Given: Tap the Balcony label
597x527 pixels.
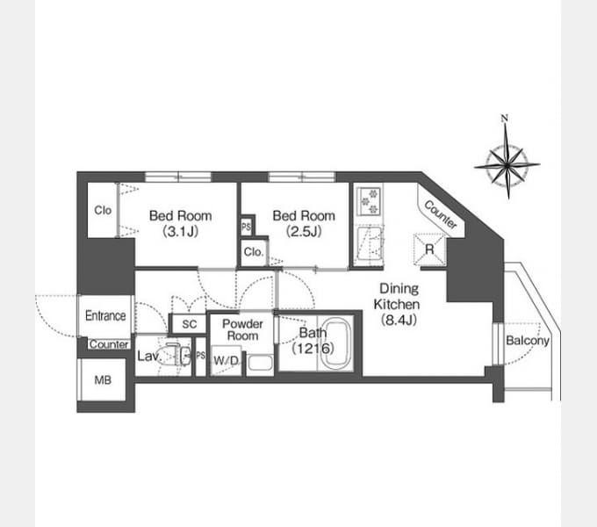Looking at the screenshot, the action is (528, 341).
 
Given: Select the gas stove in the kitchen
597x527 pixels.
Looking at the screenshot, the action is (370, 200).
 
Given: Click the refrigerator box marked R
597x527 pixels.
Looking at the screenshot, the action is (429, 249).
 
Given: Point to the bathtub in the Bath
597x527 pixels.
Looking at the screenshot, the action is (336, 343).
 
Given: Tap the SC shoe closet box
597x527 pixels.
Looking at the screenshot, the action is (190, 324).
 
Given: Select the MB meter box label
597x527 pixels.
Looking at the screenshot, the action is (103, 380).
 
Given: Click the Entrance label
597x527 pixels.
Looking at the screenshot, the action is (105, 315).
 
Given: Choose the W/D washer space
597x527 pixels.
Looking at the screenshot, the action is (227, 360).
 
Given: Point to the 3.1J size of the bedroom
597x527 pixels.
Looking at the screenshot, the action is (181, 232).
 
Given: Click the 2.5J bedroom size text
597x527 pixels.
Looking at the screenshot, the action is (304, 232).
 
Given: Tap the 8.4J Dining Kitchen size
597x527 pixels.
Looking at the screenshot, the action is (399, 320).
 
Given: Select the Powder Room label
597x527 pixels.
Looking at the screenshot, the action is (242, 329).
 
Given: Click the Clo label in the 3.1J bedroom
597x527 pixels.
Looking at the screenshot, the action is (103, 210).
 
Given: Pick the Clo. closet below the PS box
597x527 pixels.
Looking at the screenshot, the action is (254, 252).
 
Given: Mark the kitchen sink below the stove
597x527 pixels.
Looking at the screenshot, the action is (369, 246).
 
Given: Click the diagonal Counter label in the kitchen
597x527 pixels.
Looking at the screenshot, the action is (441, 214).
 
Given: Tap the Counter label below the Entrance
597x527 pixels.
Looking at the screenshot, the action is (109, 344).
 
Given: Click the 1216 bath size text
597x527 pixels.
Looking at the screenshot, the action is (313, 348).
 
